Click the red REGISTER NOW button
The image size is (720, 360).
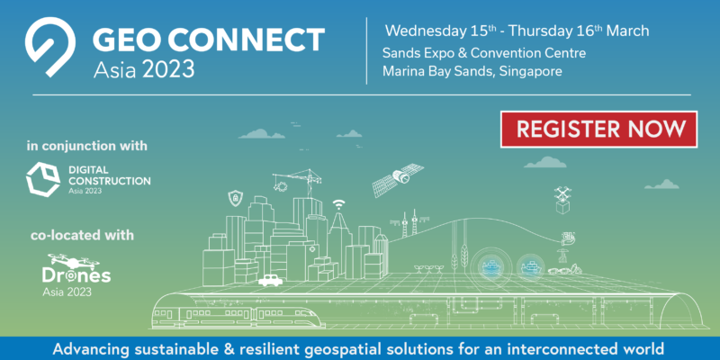[598, 129]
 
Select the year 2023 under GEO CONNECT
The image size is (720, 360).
[168, 69]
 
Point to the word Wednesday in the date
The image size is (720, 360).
[425, 31]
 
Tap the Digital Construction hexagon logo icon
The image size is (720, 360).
[42, 179]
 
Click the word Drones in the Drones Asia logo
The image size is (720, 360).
[76, 275]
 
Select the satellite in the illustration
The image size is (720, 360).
[397, 179]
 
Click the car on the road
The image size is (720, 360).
[271, 280]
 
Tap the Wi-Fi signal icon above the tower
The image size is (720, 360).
[339, 204]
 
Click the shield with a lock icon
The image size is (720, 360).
[235, 198]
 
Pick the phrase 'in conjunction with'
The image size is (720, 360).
[87, 146]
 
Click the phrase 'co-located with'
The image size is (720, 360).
[82, 236]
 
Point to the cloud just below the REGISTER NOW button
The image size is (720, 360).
[545, 162]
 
